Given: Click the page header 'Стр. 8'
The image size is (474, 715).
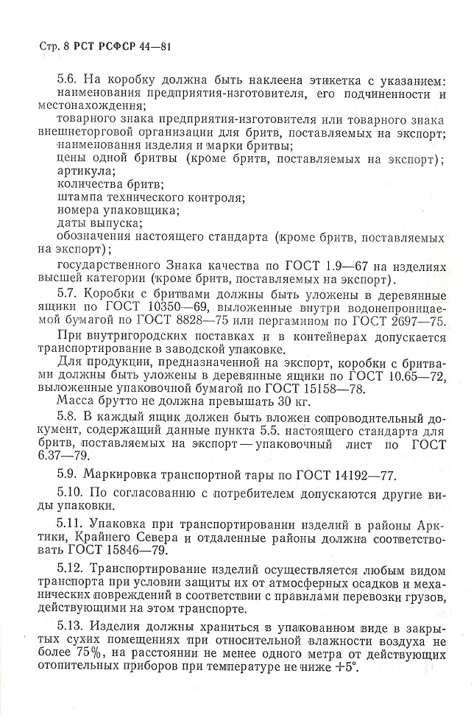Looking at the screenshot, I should click(52, 48).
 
